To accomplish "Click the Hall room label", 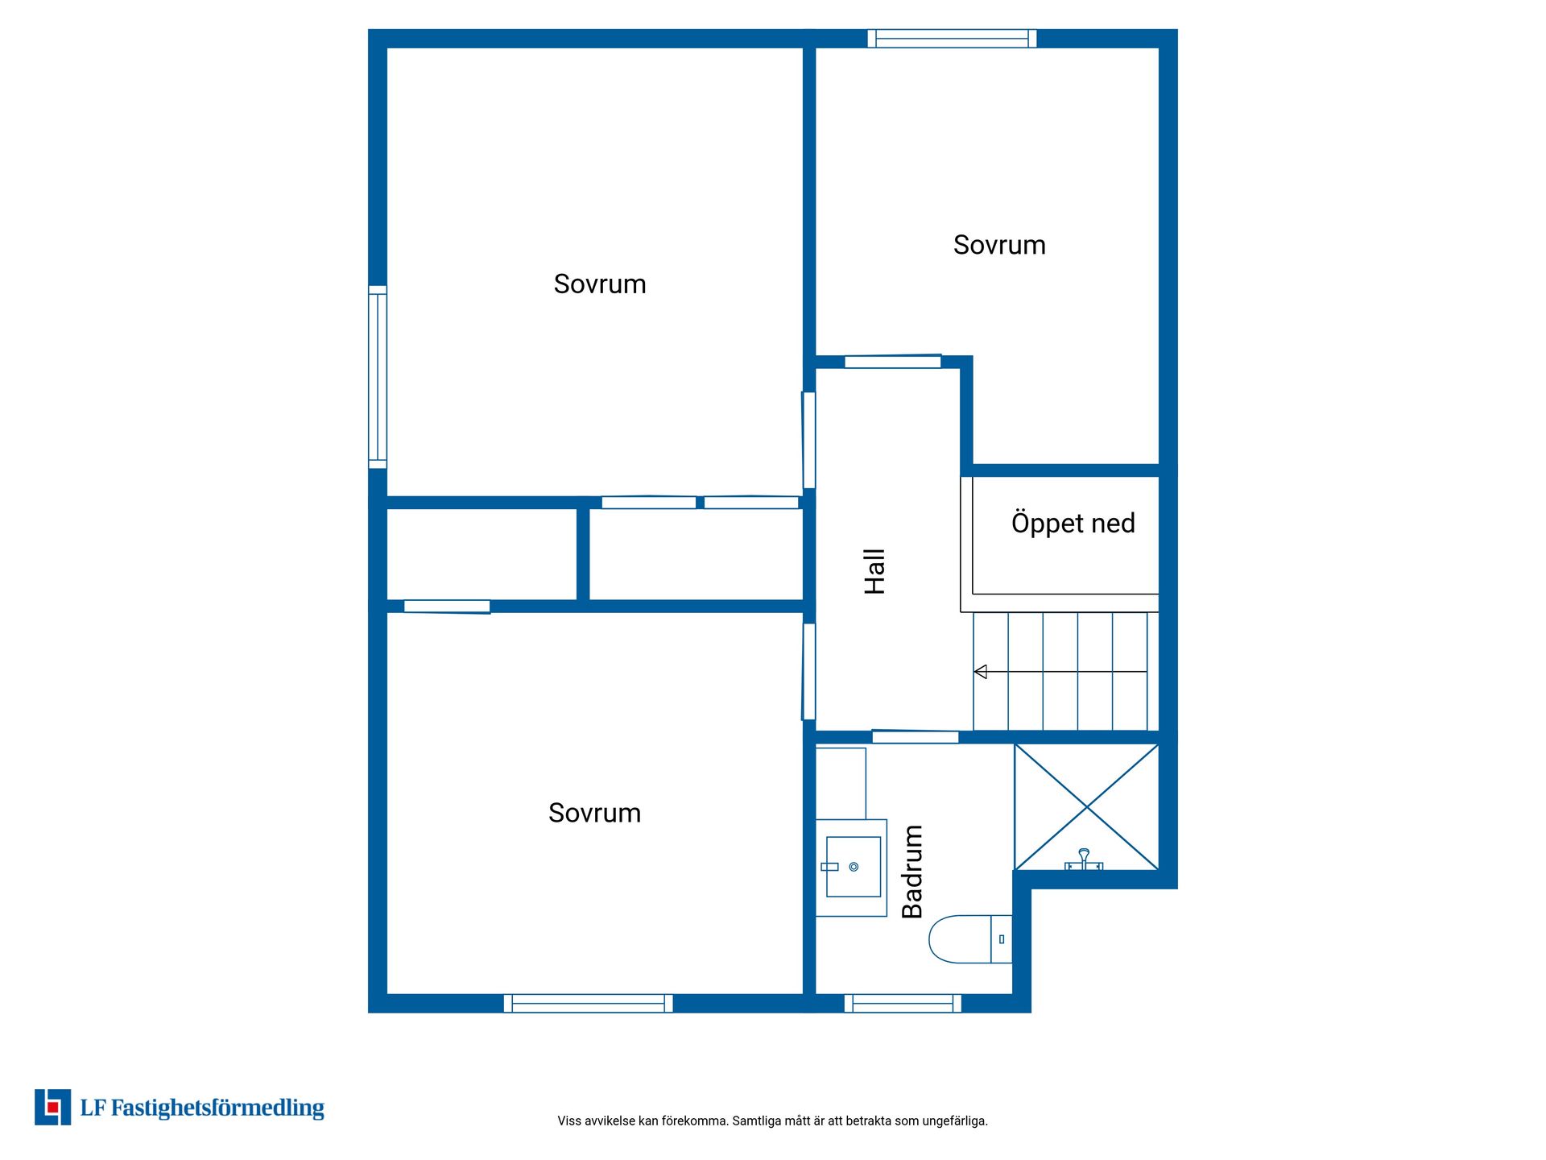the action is coord(874,572).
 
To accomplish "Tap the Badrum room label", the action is coord(912,872).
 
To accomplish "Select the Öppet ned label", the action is coord(1073,524).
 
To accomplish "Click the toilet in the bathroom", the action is coord(970,939).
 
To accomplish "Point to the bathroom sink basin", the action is coord(854,867).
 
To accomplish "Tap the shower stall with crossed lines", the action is coord(1086,807).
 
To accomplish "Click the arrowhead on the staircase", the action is coord(980,672).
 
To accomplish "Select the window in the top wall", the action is coord(952,39).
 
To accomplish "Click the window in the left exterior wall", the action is coord(378,377).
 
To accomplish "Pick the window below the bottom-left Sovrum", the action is coord(589,1003).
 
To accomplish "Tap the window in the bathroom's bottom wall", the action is coord(903,1003).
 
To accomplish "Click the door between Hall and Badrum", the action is coord(916,737).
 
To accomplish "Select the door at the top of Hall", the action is coord(893,362).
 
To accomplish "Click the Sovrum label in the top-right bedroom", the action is coord(999,245).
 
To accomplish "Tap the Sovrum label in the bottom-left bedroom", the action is coord(594,813).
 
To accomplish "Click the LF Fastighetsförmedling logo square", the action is coord(52,1107).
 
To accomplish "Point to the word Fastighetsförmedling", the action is coord(217,1108).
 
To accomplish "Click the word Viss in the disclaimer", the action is coord(568,1121).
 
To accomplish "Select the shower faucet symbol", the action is coord(1084,860).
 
